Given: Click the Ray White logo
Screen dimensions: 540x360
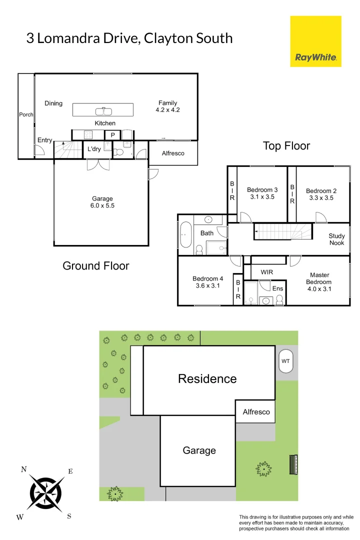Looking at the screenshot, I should click(x=315, y=41).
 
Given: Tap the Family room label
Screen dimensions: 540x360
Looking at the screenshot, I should click(x=167, y=103).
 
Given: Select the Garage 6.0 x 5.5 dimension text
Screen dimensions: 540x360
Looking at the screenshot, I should click(x=102, y=205).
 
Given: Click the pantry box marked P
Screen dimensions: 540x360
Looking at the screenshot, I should click(x=112, y=135).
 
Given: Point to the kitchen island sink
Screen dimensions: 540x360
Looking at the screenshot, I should click(x=103, y=110).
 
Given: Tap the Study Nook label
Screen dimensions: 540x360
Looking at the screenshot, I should click(x=336, y=239).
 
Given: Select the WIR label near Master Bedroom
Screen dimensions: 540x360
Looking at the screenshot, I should click(x=267, y=272).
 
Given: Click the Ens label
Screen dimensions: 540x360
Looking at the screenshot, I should click(x=277, y=288).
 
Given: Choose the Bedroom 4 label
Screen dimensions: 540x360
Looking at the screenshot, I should click(x=207, y=279).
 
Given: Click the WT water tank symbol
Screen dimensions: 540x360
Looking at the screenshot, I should click(x=285, y=361).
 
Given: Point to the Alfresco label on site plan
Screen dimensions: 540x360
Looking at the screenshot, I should click(x=256, y=412).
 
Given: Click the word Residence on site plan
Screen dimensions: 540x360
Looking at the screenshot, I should click(x=207, y=378).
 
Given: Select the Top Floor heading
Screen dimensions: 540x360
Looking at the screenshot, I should click(x=286, y=146).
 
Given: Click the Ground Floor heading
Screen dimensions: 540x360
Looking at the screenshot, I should click(x=95, y=265).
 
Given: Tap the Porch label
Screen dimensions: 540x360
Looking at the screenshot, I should click(x=26, y=114).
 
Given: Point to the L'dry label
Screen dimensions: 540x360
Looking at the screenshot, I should click(x=94, y=149).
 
